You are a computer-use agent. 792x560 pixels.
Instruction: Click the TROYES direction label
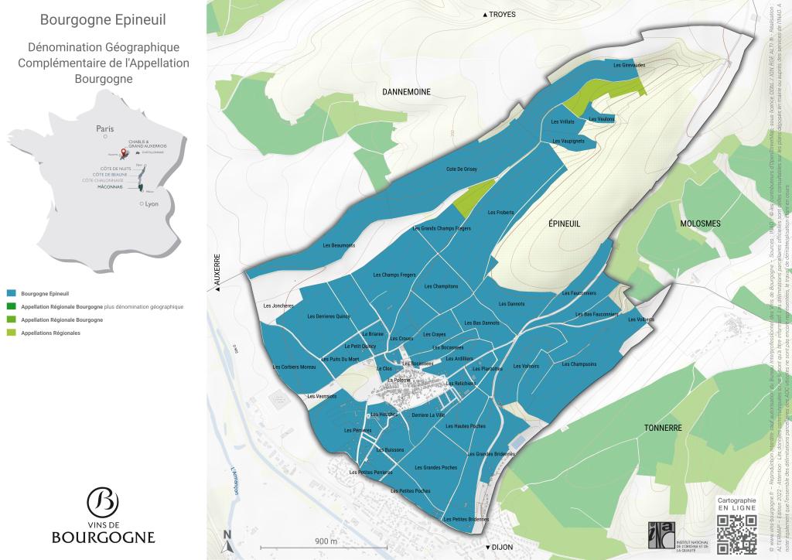pyautogui.click(x=501, y=15)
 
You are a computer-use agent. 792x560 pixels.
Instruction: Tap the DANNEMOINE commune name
pyautogui.click(x=406, y=92)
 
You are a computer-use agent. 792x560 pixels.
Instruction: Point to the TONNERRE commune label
pyautogui.click(x=662, y=428)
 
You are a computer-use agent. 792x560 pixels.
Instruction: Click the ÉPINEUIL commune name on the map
pyautogui.click(x=564, y=224)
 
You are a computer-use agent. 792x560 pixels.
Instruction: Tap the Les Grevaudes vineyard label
pyautogui.click(x=628, y=65)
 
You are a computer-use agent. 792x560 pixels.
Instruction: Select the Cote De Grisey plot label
pyautogui.click(x=462, y=169)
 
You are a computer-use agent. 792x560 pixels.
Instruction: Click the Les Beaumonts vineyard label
pyautogui.click(x=337, y=245)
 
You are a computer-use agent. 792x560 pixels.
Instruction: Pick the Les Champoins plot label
pyautogui.click(x=579, y=364)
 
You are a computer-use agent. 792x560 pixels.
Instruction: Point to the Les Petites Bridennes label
pyautogui.click(x=466, y=519)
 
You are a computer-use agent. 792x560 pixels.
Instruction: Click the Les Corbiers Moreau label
pyautogui.click(x=295, y=367)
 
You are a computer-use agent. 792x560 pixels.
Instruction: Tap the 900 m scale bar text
pyautogui.click(x=326, y=541)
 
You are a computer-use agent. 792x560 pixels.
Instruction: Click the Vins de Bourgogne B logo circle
pyautogui.click(x=103, y=502)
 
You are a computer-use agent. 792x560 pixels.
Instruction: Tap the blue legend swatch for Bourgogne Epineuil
pyautogui.click(x=11, y=294)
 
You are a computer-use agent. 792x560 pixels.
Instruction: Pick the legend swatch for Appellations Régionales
pyautogui.click(x=11, y=333)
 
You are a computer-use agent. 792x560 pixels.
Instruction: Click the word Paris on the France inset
pyautogui.click(x=104, y=128)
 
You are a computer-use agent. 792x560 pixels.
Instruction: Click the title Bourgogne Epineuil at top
pyautogui.click(x=103, y=18)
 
